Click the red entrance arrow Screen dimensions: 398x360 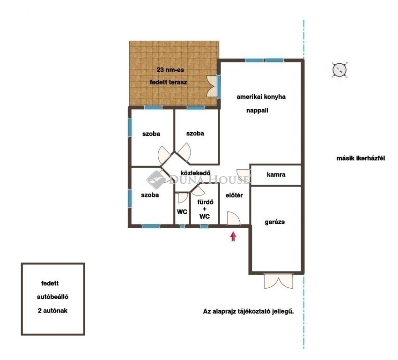233,237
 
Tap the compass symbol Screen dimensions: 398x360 339,69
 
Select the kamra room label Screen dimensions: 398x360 276,174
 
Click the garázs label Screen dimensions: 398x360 275,222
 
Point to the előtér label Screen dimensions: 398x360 234,195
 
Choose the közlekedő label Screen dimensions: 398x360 195,173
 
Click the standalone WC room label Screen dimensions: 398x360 182,211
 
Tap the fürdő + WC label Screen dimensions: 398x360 205,209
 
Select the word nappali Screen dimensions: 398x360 257,111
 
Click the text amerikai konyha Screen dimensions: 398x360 261,97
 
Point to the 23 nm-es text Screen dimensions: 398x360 170,70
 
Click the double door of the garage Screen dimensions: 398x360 279,281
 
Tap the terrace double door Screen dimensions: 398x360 212,86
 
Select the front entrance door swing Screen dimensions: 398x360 233,218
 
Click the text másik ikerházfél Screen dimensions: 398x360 361,158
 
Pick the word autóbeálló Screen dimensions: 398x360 52,297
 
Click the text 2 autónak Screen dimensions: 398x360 52,310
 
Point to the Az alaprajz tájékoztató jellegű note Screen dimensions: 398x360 248,311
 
